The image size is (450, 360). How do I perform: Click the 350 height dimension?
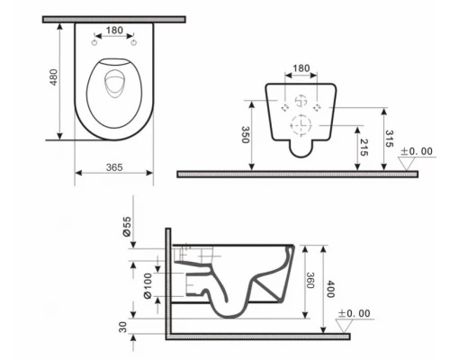[x=246, y=136]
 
